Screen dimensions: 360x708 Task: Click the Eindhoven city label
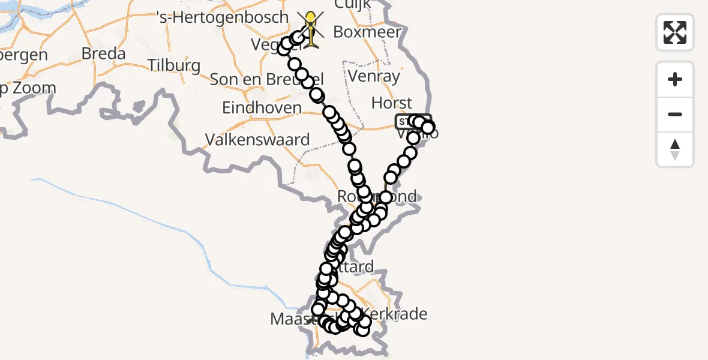[x=262, y=108]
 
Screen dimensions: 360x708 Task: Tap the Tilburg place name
[x=173, y=65]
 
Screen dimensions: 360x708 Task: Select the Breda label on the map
[x=103, y=53]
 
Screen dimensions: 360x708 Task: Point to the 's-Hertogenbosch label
[x=222, y=17]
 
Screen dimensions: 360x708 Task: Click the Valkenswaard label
[x=257, y=140]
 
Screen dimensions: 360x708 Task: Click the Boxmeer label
[x=367, y=32]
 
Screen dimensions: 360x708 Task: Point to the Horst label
[x=392, y=103]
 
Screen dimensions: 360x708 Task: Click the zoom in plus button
[x=675, y=79]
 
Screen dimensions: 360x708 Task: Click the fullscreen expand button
[x=675, y=32]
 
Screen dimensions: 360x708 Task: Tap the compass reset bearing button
[x=675, y=149]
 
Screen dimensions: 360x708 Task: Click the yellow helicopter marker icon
[x=311, y=28]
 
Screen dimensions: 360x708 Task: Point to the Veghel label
[x=267, y=44]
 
